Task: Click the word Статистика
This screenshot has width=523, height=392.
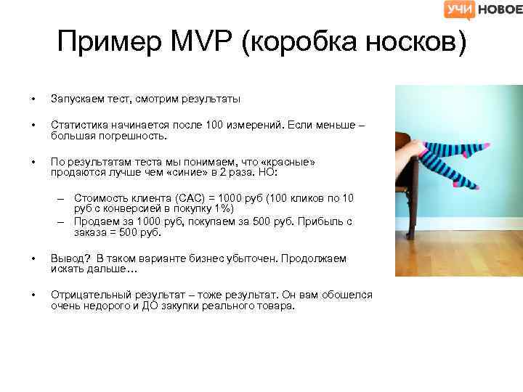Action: pos(77,126)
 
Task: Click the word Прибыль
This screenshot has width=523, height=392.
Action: pos(319,222)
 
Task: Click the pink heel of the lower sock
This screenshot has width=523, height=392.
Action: pos(455,184)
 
